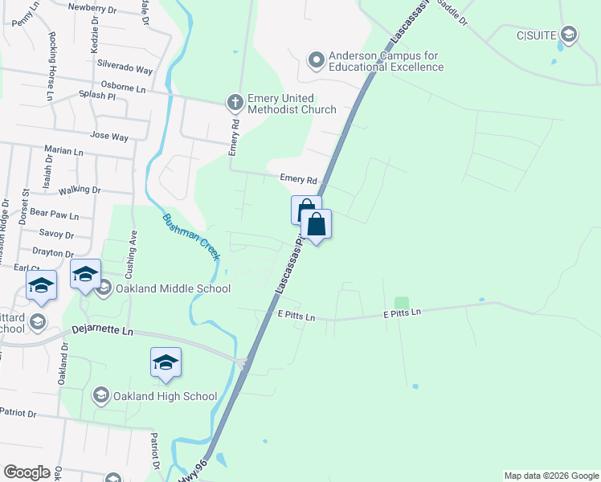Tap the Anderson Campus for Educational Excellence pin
click(x=317, y=59)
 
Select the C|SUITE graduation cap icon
click(x=569, y=34)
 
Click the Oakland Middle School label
click(x=173, y=289)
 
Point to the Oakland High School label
click(x=165, y=396)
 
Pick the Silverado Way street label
click(x=125, y=69)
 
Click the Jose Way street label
click(x=109, y=137)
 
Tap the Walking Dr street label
click(x=79, y=190)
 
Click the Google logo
click(x=27, y=472)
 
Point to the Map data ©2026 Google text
click(x=550, y=476)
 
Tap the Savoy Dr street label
click(x=56, y=235)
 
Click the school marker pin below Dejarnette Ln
click(x=166, y=363)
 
